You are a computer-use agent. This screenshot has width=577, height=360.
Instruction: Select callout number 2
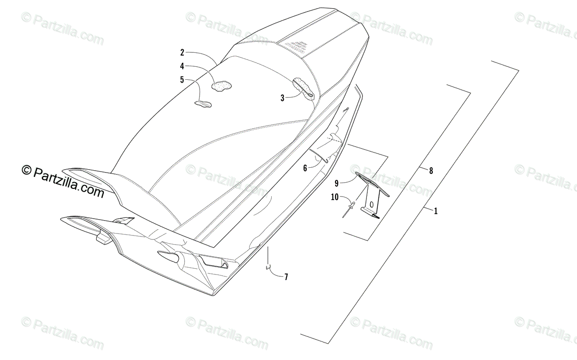click(182, 52)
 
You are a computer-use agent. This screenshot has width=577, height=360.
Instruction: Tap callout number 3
click(283, 98)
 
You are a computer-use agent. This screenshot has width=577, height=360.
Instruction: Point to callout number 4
click(182, 66)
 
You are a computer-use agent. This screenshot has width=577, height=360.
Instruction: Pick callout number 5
click(182, 80)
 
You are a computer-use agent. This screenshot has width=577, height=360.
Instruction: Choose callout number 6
click(305, 168)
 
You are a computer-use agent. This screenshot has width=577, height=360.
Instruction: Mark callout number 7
click(286, 276)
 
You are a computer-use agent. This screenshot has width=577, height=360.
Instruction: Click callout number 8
click(431, 170)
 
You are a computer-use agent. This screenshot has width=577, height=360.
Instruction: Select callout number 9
click(337, 183)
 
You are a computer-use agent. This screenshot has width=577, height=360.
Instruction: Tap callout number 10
click(335, 197)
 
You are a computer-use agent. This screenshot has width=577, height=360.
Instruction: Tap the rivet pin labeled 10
click(349, 210)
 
